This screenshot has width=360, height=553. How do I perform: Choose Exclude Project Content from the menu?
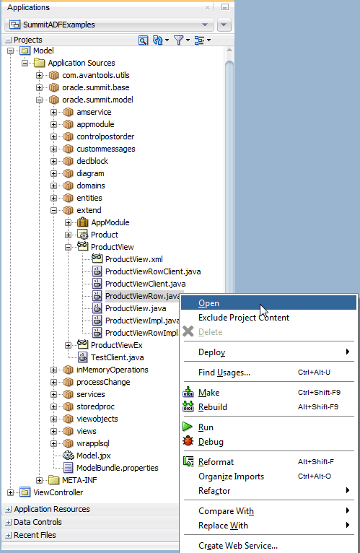click(x=244, y=318)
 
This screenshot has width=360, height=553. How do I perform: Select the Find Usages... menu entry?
click(x=224, y=373)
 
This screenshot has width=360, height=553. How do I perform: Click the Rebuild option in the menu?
click(x=213, y=407)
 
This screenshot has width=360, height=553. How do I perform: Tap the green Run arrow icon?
click(x=188, y=427)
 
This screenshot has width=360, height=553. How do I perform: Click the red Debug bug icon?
click(x=188, y=441)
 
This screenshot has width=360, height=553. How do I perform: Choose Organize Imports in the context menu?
click(x=232, y=476)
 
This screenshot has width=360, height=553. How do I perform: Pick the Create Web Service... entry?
click(x=238, y=546)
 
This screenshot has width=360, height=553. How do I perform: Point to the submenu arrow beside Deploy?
click(x=348, y=352)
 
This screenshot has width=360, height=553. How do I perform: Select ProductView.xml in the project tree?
click(x=134, y=259)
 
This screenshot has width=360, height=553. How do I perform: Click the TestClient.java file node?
click(x=117, y=357)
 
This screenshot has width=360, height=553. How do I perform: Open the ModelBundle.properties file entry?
click(x=118, y=468)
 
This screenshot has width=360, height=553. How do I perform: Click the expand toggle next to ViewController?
click(x=10, y=492)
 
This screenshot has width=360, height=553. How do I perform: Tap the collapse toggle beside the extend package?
click(x=53, y=211)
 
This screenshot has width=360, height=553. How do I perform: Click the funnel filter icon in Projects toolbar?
click(x=179, y=40)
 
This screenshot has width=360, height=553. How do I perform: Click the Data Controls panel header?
click(x=38, y=522)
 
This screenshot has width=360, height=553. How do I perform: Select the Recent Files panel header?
click(x=35, y=535)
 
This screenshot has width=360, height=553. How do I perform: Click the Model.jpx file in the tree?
click(x=94, y=456)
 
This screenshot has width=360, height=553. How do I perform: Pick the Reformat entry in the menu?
click(x=216, y=462)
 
